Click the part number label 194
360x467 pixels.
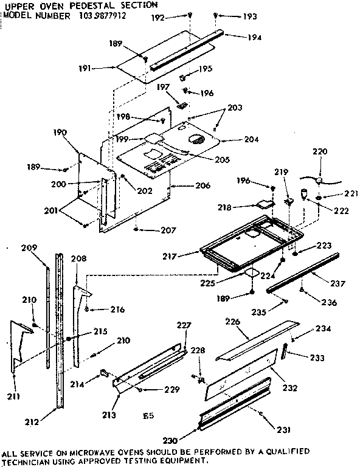coord(255,37)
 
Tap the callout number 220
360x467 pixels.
coord(320,151)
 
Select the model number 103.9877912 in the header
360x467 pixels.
coord(103,16)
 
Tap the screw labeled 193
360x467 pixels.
coord(216,15)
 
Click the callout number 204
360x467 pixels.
coord(234,139)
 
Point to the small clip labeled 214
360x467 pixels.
coord(103,372)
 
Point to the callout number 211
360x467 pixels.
coord(13,397)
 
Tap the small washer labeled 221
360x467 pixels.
coord(320,197)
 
